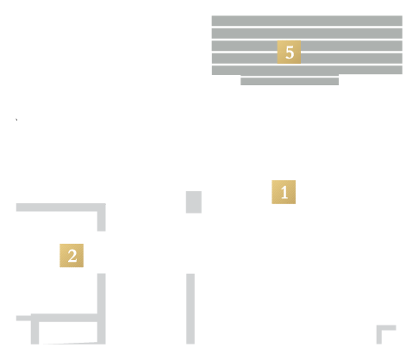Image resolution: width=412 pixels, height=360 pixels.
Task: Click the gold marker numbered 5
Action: click(289, 52)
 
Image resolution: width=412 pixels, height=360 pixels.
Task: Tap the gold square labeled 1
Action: click(284, 192)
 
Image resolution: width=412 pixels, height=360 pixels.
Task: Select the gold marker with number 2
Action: click(72, 256)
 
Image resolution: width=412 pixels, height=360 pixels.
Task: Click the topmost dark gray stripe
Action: click(307, 21)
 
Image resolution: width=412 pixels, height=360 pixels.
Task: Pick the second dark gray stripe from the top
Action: click(307, 34)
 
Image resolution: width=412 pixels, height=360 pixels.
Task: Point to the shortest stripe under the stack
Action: click(290, 81)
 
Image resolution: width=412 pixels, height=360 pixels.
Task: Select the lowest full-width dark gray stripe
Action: click(307, 70)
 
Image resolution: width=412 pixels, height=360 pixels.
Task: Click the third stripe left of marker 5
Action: click(245, 46)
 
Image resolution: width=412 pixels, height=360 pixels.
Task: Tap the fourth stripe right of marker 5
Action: click(352, 59)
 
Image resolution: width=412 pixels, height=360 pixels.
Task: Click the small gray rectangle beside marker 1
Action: click(194, 202)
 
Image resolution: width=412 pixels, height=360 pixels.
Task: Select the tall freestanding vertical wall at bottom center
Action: click(190, 308)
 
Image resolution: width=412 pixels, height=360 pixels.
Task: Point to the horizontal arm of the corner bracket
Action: click(386, 327)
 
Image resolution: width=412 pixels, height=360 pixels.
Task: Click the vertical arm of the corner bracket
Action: click(379, 334)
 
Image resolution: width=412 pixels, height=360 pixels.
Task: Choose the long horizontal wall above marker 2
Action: click(61, 208)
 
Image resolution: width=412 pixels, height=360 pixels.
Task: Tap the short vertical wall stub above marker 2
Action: click(102, 217)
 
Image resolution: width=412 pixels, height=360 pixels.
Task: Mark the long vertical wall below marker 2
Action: click(102, 308)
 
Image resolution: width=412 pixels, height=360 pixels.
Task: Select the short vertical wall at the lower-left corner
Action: click(34, 329)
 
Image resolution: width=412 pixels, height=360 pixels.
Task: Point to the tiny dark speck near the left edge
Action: click(16, 119)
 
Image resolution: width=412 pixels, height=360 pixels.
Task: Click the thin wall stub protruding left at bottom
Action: click(23, 318)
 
